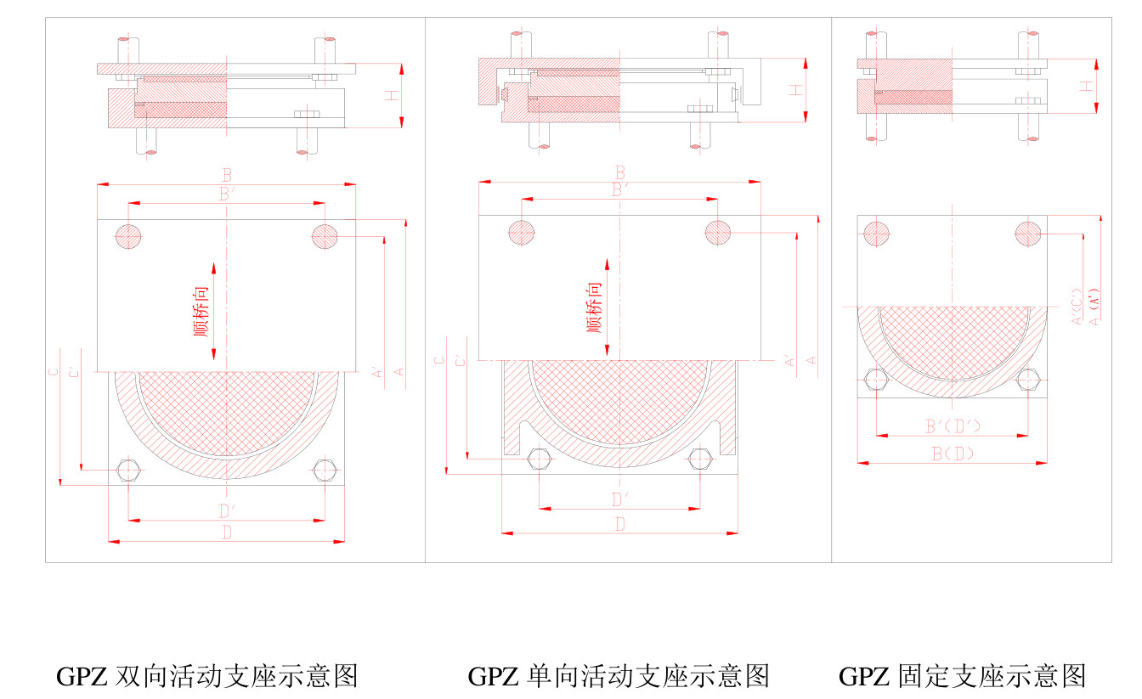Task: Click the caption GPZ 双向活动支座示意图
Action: coord(206,676)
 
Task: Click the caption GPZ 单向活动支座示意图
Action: coord(619,676)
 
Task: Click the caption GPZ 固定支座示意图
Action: coord(963,676)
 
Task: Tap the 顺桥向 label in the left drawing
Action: coord(201,311)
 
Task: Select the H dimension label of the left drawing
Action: coord(391,95)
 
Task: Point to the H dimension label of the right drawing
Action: coord(1086,86)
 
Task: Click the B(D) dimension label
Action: coord(953,454)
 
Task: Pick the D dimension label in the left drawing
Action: coord(227,533)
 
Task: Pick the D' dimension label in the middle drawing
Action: coord(620,499)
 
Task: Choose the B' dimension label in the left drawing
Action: coord(227,194)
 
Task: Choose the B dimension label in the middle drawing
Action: coord(620,172)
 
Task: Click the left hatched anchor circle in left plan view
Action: coord(128,235)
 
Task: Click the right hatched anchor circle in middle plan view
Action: coord(718,232)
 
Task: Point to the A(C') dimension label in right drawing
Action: coord(1077,307)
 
